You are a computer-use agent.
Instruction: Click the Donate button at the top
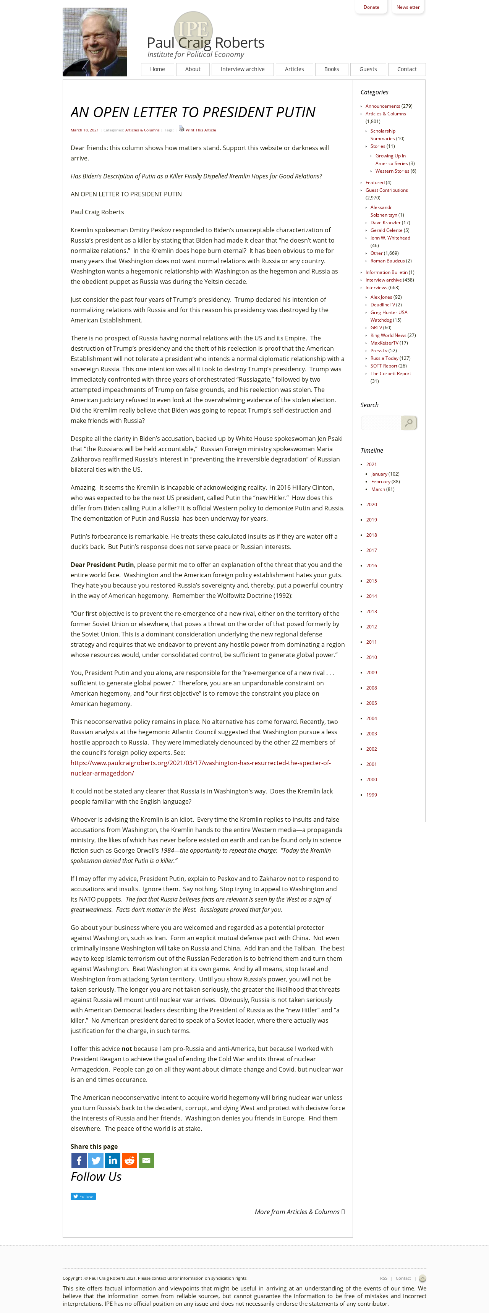pyautogui.click(x=371, y=7)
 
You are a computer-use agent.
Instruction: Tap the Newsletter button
pyautogui.click(x=408, y=7)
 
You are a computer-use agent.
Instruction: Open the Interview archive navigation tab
pyautogui.click(x=243, y=69)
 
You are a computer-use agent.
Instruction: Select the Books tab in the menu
pyautogui.click(x=332, y=69)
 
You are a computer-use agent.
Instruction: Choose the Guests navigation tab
pyautogui.click(x=368, y=69)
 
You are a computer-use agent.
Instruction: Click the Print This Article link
pyautogui.click(x=201, y=130)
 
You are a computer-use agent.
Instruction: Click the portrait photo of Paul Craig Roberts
pyautogui.click(x=95, y=42)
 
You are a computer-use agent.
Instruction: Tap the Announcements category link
pyautogui.click(x=382, y=106)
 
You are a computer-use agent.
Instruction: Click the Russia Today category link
pyautogui.click(x=384, y=358)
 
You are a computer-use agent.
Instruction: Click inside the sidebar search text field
pyautogui.click(x=381, y=423)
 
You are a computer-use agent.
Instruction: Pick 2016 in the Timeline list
pyautogui.click(x=371, y=566)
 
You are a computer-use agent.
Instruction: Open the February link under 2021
pyautogui.click(x=381, y=482)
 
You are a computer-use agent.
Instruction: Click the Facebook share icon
pyautogui.click(x=79, y=1161)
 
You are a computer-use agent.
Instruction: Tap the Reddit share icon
pyautogui.click(x=130, y=1161)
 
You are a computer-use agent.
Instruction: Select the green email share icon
pyautogui.click(x=146, y=1161)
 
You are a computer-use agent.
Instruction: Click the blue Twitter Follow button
pyautogui.click(x=83, y=1196)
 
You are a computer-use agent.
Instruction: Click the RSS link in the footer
pyautogui.click(x=384, y=1278)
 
